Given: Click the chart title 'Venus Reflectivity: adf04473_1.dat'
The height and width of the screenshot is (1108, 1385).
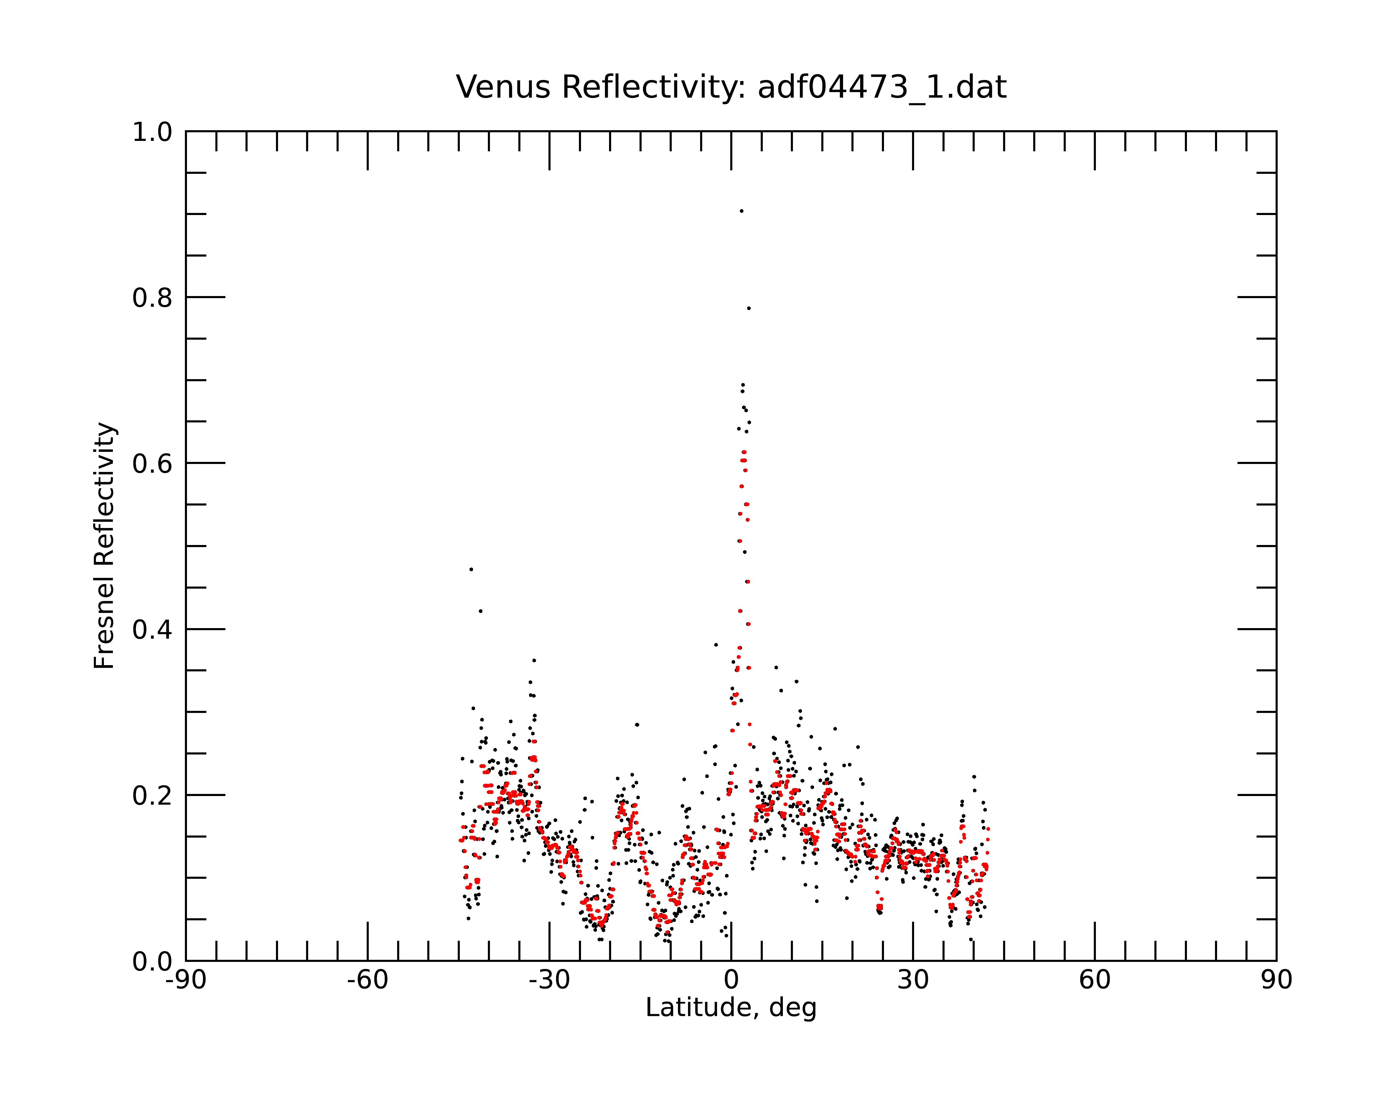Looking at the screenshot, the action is (731, 87).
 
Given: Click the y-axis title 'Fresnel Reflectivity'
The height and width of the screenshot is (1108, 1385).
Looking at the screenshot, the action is (104, 546).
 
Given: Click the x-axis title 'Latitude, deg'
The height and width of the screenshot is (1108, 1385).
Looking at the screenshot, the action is (731, 1008).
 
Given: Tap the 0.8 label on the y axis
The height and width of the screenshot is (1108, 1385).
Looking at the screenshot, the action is (152, 298).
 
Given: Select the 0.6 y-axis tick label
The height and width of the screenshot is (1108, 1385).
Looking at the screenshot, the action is (152, 464).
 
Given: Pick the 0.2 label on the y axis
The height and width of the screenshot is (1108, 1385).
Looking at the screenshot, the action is (152, 796).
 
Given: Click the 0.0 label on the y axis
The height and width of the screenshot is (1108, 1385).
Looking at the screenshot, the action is (152, 962).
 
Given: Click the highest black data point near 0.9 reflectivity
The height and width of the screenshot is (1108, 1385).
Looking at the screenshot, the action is (741, 211).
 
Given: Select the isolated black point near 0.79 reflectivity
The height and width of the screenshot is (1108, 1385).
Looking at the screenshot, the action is (748, 308).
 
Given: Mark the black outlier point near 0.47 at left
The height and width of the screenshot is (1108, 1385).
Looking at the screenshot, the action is (471, 569).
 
